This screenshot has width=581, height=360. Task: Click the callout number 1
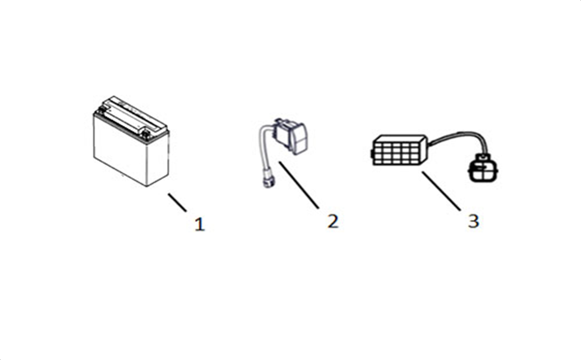point(200,224)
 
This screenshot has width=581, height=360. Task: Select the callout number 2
point(333,221)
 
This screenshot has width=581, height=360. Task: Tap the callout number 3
point(474,221)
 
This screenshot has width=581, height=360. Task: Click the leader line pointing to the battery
point(177,202)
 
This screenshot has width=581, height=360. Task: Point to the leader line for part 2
point(299,185)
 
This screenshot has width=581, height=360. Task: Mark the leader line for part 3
point(441,191)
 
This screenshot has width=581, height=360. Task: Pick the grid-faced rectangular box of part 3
point(399,150)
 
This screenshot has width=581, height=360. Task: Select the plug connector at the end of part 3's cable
point(483,168)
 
